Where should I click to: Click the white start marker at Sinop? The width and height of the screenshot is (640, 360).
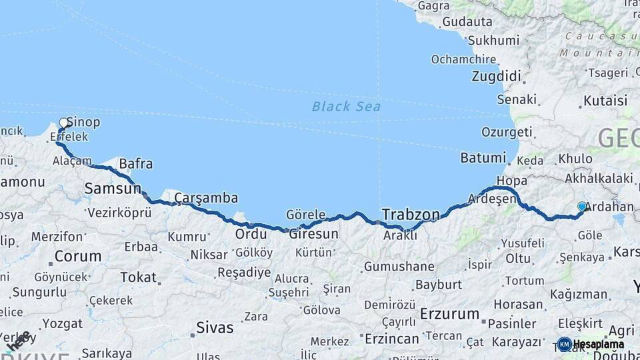point(64,123)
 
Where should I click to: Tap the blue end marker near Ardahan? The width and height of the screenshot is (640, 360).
point(581,207)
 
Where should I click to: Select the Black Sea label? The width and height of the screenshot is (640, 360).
point(346,106)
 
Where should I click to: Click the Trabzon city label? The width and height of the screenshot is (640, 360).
point(411,215)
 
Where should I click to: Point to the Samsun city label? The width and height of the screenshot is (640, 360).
point(113,189)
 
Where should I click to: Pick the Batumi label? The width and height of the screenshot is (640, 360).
point(483,158)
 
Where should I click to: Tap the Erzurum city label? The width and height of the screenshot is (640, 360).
point(449,314)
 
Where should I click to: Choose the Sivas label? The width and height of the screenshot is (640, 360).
point(215,327)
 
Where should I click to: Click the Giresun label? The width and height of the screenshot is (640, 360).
point(313,234)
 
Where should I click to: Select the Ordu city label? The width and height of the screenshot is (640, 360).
point(251,234)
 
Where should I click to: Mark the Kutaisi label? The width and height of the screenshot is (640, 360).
point(605,101)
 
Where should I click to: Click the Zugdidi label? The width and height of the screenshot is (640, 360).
point(496,76)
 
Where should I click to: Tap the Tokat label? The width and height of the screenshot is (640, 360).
point(138,277)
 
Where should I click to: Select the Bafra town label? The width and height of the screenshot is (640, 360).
point(135,163)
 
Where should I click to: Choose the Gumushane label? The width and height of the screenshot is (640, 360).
point(399,267)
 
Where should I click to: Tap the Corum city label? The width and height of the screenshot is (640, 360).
point(78,256)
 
